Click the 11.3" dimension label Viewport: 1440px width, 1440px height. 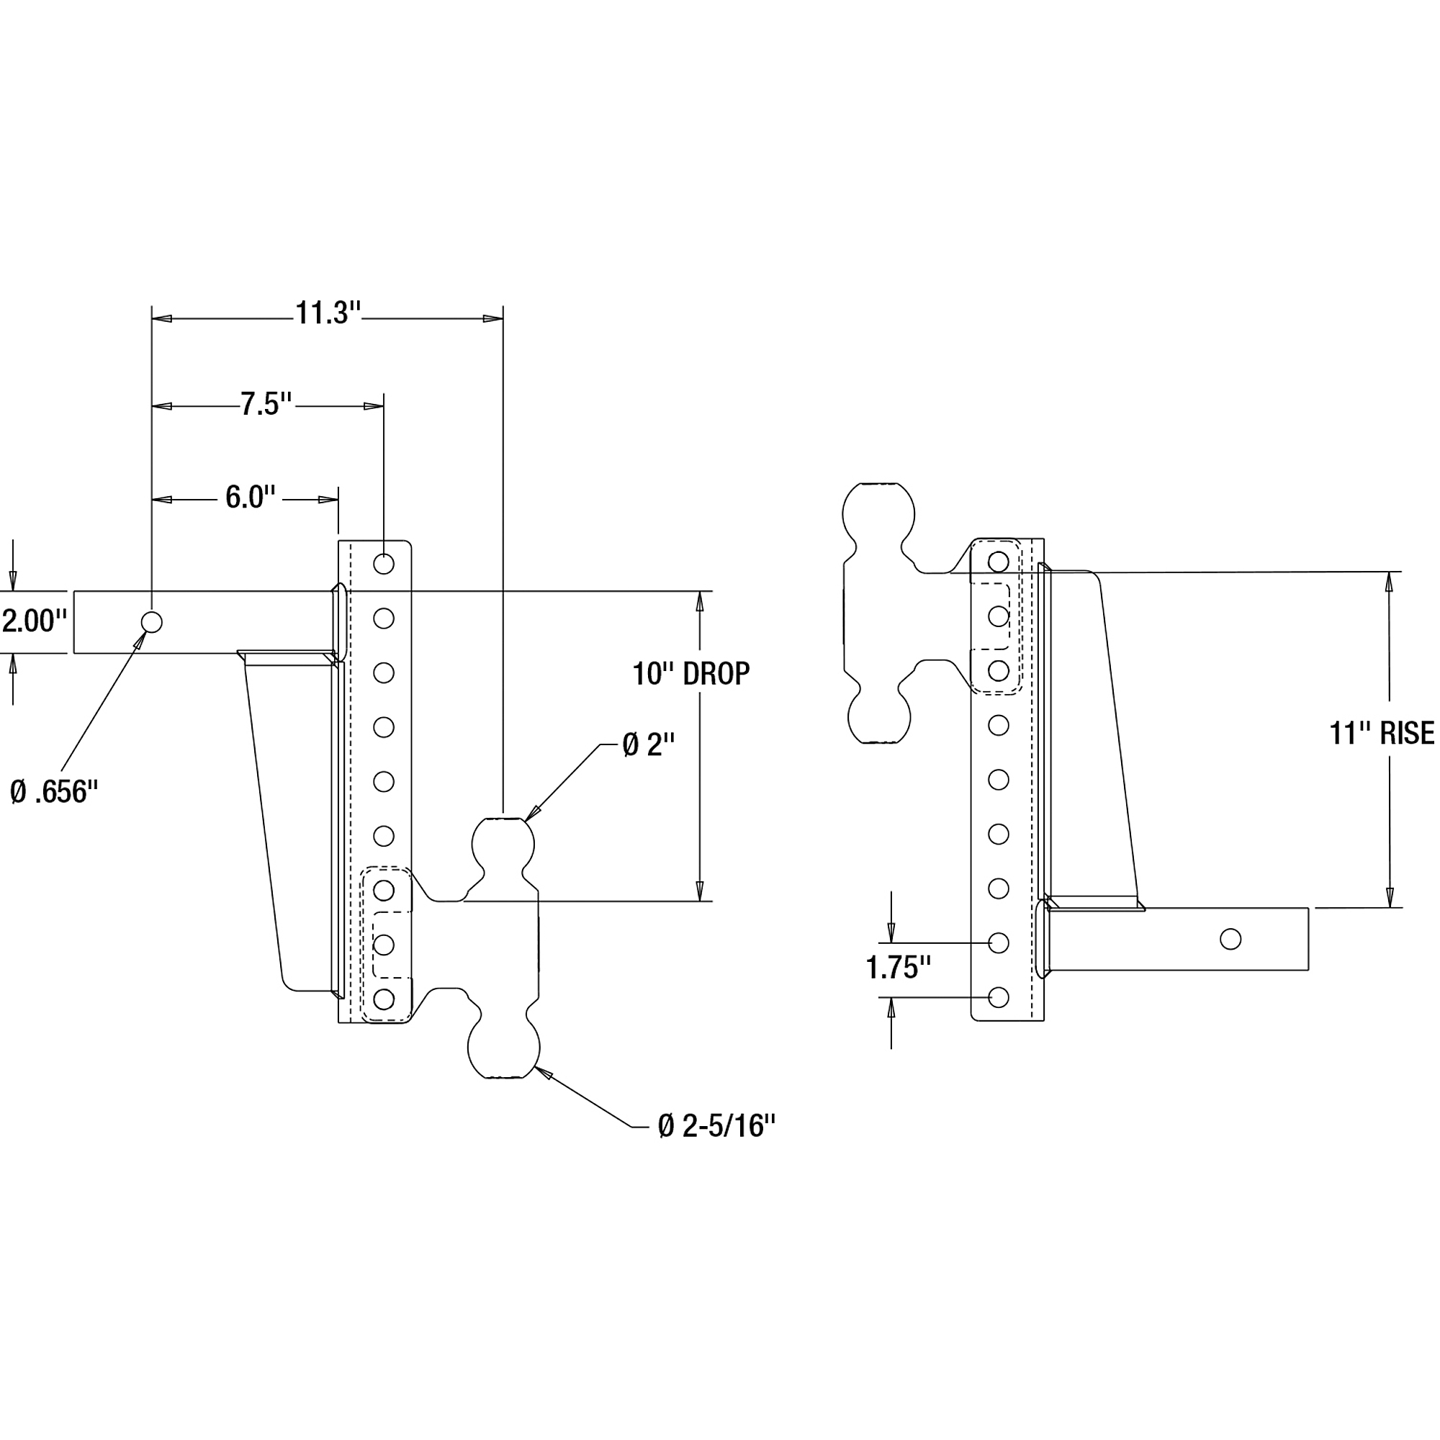[x=328, y=313]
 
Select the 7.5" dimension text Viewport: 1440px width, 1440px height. [x=266, y=404]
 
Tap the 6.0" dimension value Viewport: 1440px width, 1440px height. [x=251, y=497]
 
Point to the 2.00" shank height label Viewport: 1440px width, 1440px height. [x=35, y=620]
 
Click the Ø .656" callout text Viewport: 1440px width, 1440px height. [x=55, y=791]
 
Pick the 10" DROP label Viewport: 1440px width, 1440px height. [x=691, y=674]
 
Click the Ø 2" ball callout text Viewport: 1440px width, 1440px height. [x=649, y=744]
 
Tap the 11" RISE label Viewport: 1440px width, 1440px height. [x=1382, y=734]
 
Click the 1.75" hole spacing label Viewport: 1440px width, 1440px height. [x=898, y=968]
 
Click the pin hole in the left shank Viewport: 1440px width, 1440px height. [x=151, y=621]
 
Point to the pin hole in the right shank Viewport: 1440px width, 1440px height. [x=1230, y=939]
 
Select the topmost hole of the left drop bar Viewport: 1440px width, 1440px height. [x=384, y=564]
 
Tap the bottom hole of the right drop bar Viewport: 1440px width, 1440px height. [x=999, y=997]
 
